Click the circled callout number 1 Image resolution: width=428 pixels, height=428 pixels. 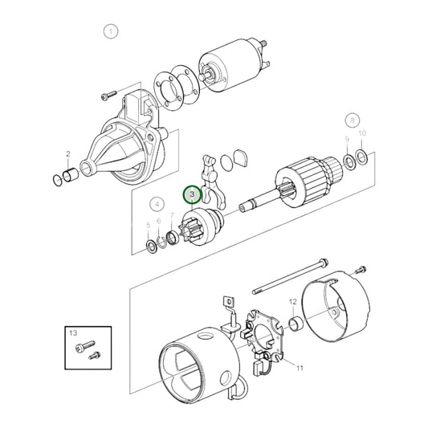[x=111, y=32]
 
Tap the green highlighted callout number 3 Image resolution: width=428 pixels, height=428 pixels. [x=192, y=195]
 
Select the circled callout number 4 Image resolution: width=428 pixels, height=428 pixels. [x=157, y=204]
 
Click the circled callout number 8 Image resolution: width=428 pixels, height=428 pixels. [x=351, y=120]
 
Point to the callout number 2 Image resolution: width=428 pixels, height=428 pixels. [x=68, y=154]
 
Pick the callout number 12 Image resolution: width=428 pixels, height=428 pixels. [x=293, y=303]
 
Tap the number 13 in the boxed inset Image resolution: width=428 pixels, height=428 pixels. [x=73, y=332]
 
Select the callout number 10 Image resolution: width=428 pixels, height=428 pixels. [x=362, y=132]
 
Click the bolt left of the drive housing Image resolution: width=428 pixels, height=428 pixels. [x=108, y=96]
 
